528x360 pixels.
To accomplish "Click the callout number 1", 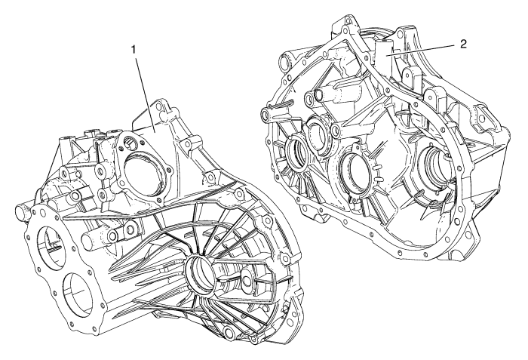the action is click(x=134, y=50).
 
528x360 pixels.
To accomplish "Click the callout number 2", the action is click(x=463, y=44).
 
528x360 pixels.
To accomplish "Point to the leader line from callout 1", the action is click(x=145, y=95).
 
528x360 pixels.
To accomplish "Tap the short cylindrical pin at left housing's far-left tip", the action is click(x=21, y=214).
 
